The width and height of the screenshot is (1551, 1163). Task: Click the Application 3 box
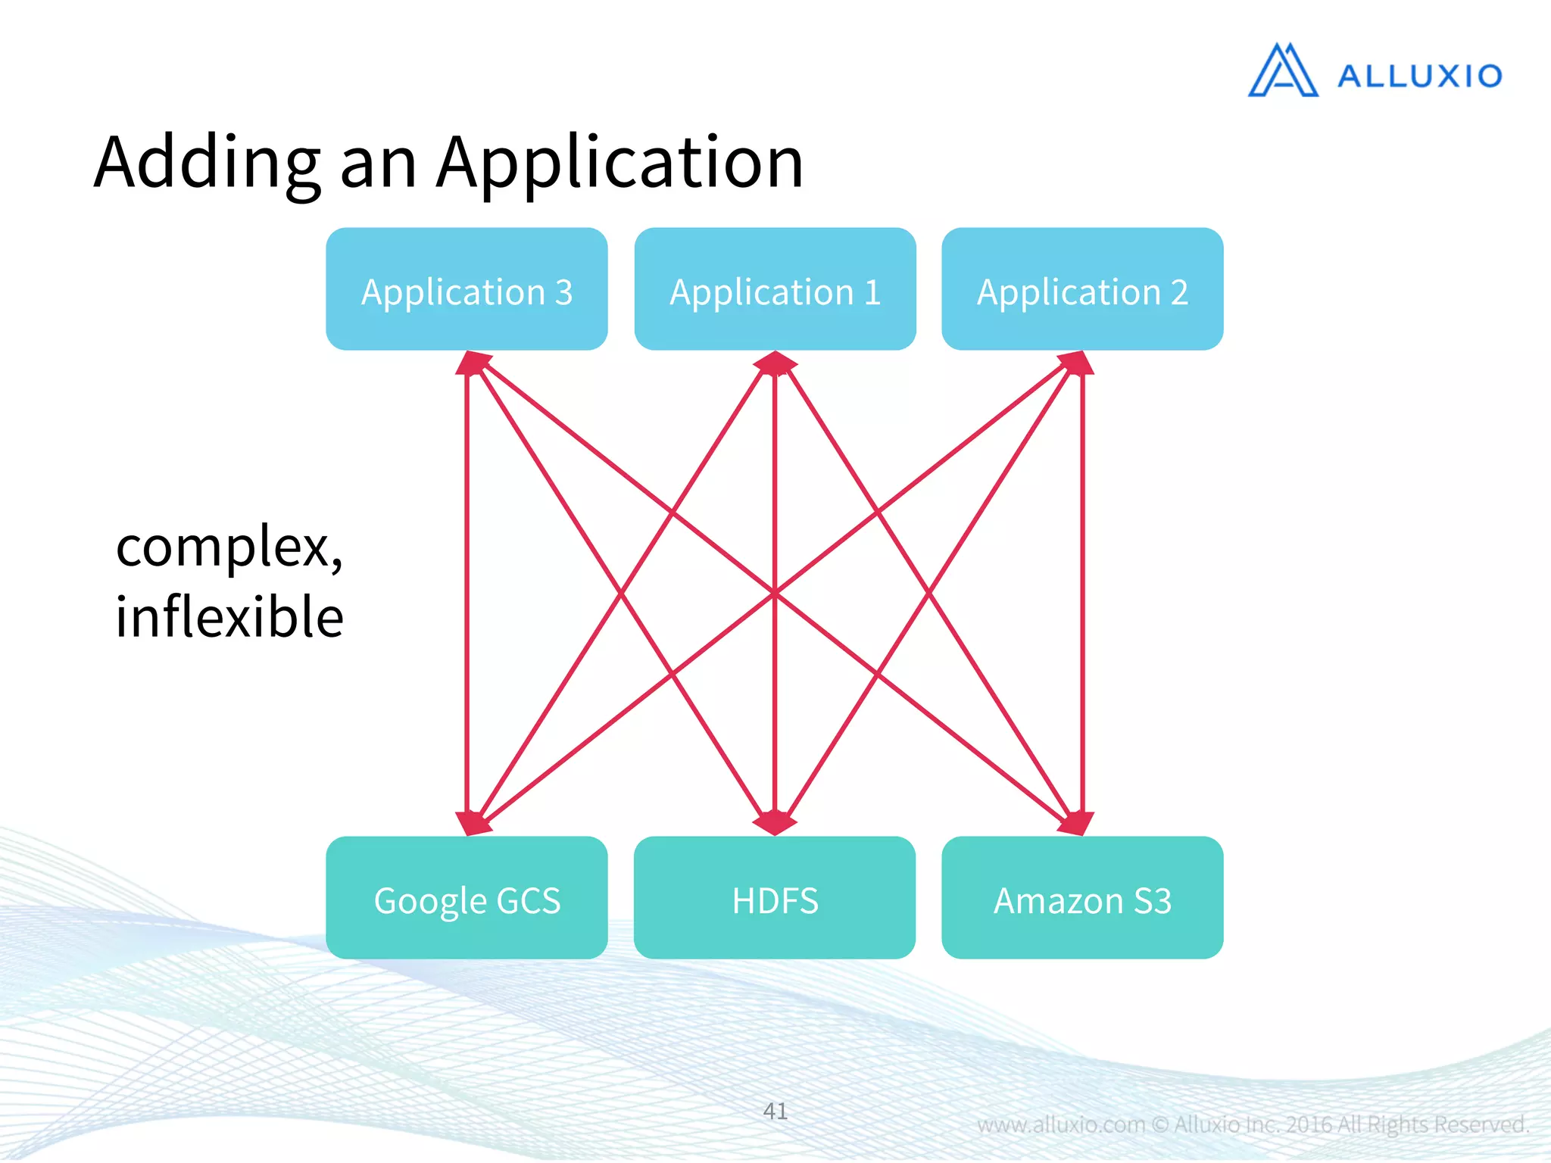[x=467, y=289]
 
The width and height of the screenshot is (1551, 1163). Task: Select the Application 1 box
[x=775, y=289]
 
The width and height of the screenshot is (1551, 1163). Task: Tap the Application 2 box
[x=1082, y=289]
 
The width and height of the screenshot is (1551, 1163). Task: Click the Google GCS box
[x=467, y=898]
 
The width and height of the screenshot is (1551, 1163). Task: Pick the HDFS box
[x=775, y=898]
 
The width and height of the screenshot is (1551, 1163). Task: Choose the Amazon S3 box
[x=1082, y=898]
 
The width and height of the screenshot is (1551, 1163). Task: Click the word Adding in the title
[x=207, y=163]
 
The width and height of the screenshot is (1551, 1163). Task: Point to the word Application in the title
[x=619, y=163]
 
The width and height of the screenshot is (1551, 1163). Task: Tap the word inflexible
[x=229, y=616]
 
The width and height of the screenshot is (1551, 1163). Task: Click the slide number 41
[x=775, y=1111]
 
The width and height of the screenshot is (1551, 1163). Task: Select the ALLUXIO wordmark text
[x=1419, y=76]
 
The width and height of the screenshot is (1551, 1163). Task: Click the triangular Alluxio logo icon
[x=1283, y=71]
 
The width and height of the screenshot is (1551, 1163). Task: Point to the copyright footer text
[x=1253, y=1124]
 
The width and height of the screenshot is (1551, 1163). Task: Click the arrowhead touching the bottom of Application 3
[x=472, y=363]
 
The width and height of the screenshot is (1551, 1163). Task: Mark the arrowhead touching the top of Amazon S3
[x=1077, y=824]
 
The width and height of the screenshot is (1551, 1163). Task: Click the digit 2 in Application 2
[x=1178, y=292]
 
